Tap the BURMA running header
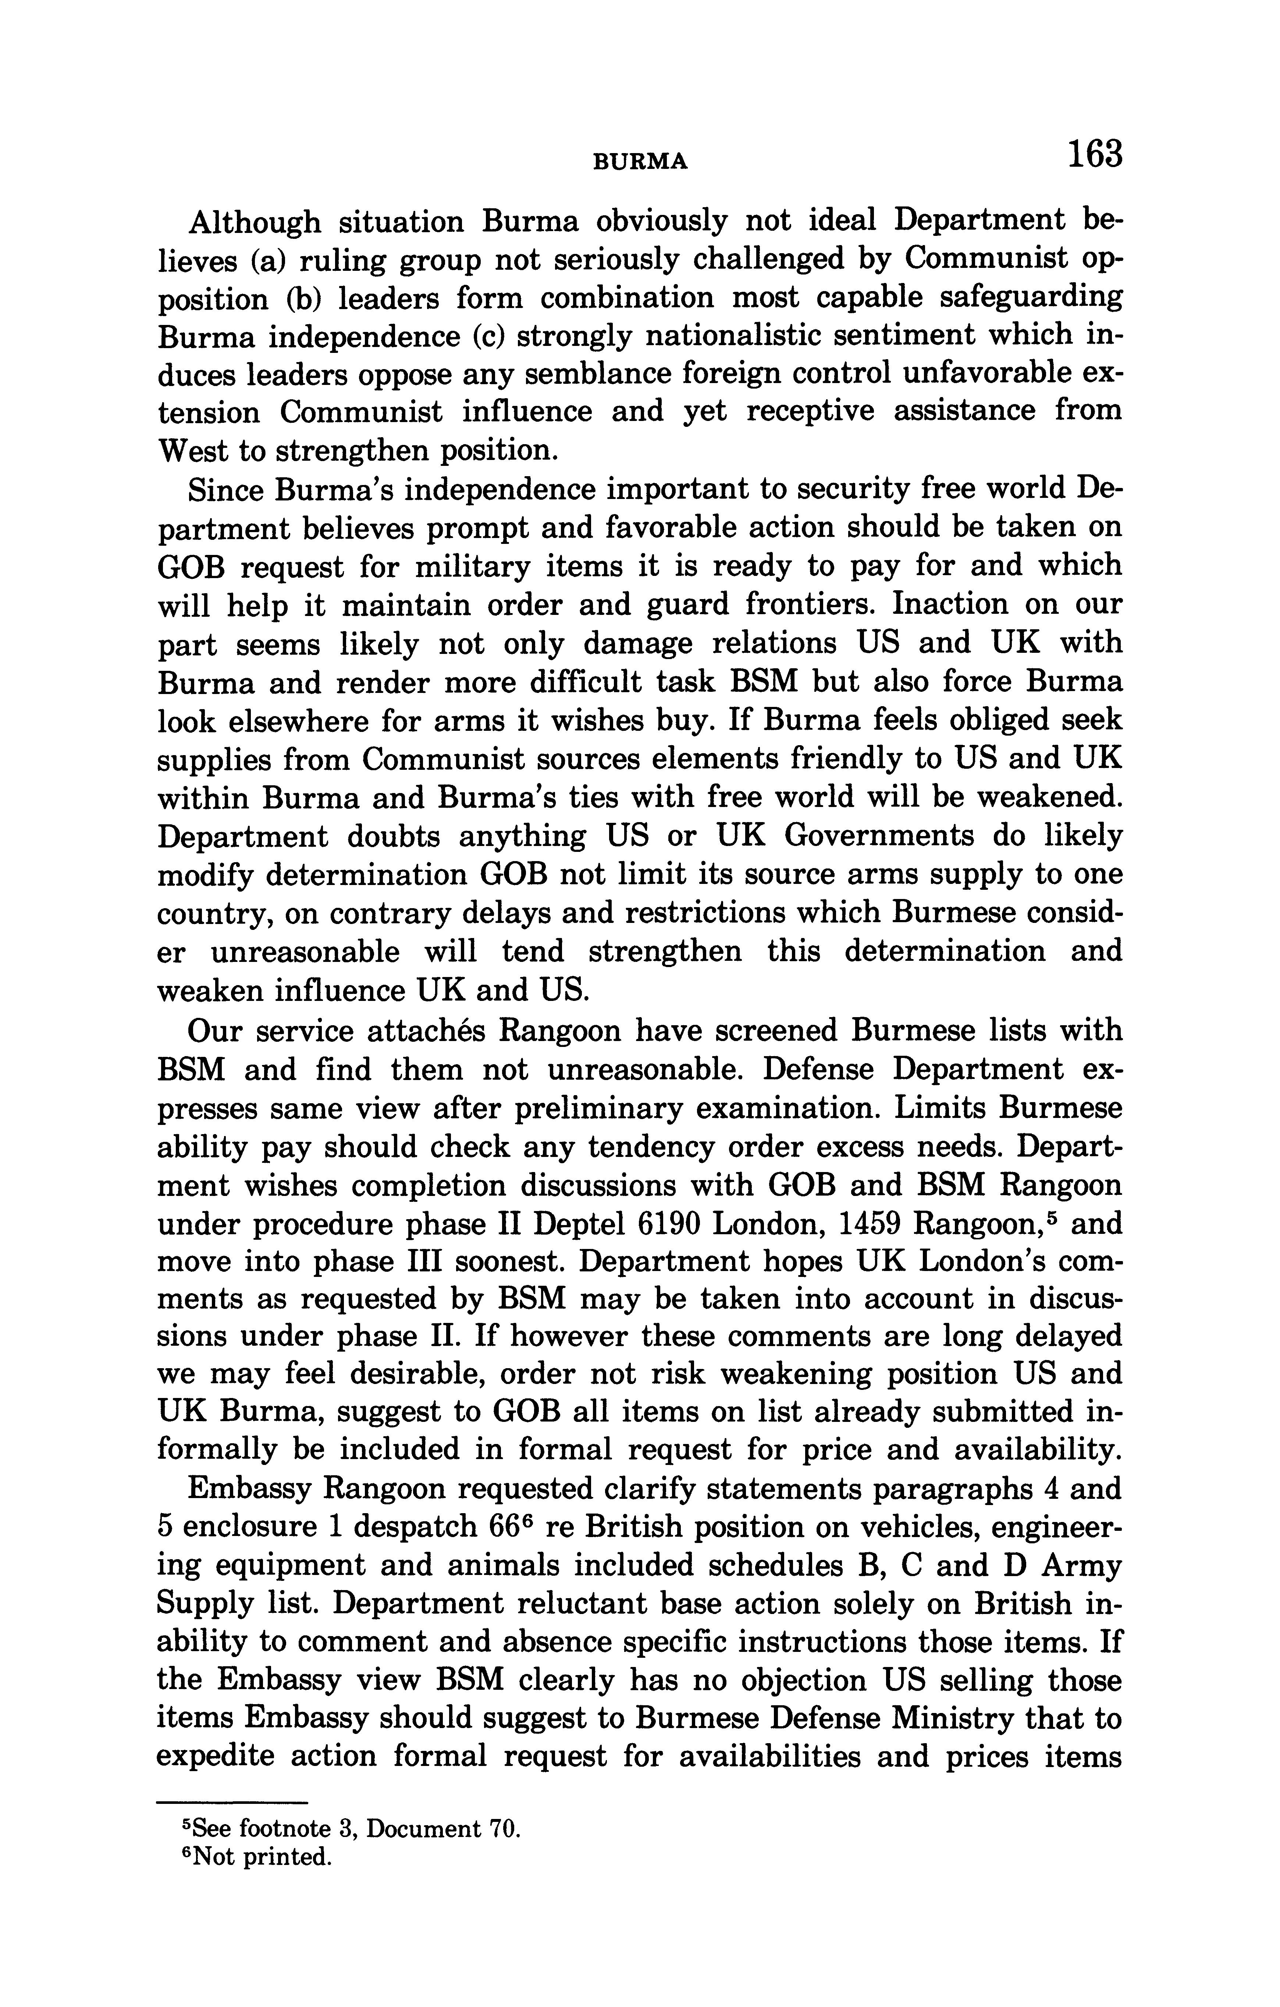(640, 162)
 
